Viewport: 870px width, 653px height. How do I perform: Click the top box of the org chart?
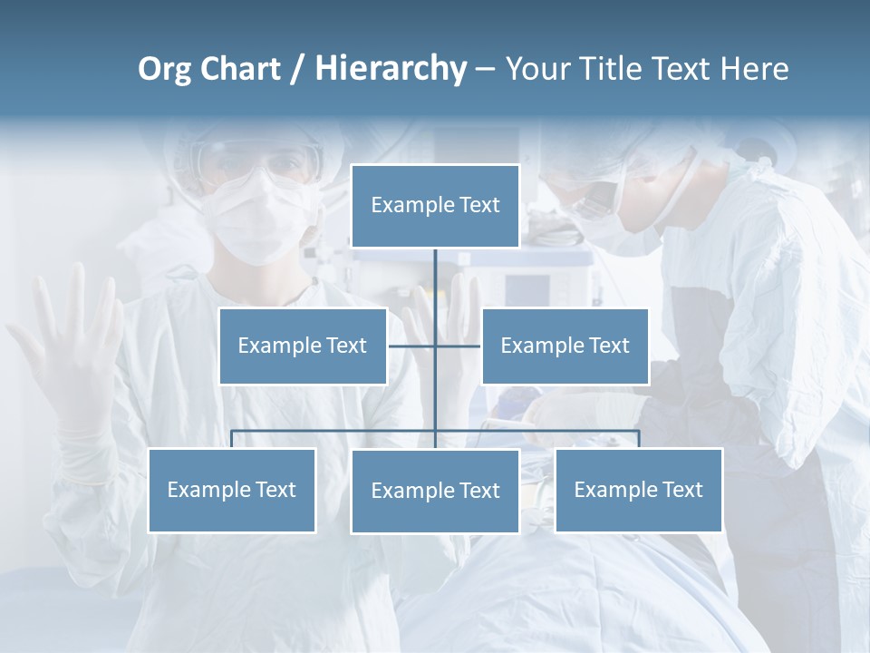435,206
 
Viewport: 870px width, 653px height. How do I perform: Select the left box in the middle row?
303,346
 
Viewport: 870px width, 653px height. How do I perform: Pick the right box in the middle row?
565,346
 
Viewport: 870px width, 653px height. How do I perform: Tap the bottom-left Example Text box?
232,490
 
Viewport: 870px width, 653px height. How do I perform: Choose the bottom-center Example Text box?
435,491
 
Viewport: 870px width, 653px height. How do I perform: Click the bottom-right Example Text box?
638,490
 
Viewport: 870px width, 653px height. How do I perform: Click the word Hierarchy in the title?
390,69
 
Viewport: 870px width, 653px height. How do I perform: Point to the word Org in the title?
164,69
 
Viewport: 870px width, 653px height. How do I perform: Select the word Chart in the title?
239,69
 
